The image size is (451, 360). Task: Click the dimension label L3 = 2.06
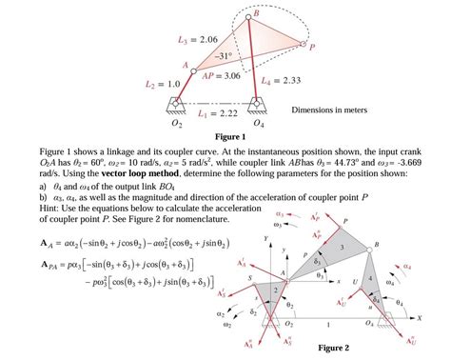[x=197, y=39]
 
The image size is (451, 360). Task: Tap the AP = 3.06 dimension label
[x=220, y=75]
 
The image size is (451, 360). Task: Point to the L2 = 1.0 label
[x=162, y=85]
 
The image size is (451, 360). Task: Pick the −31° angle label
[x=222, y=55]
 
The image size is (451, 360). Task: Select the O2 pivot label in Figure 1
[x=175, y=124]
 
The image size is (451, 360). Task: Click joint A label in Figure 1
[x=186, y=63]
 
